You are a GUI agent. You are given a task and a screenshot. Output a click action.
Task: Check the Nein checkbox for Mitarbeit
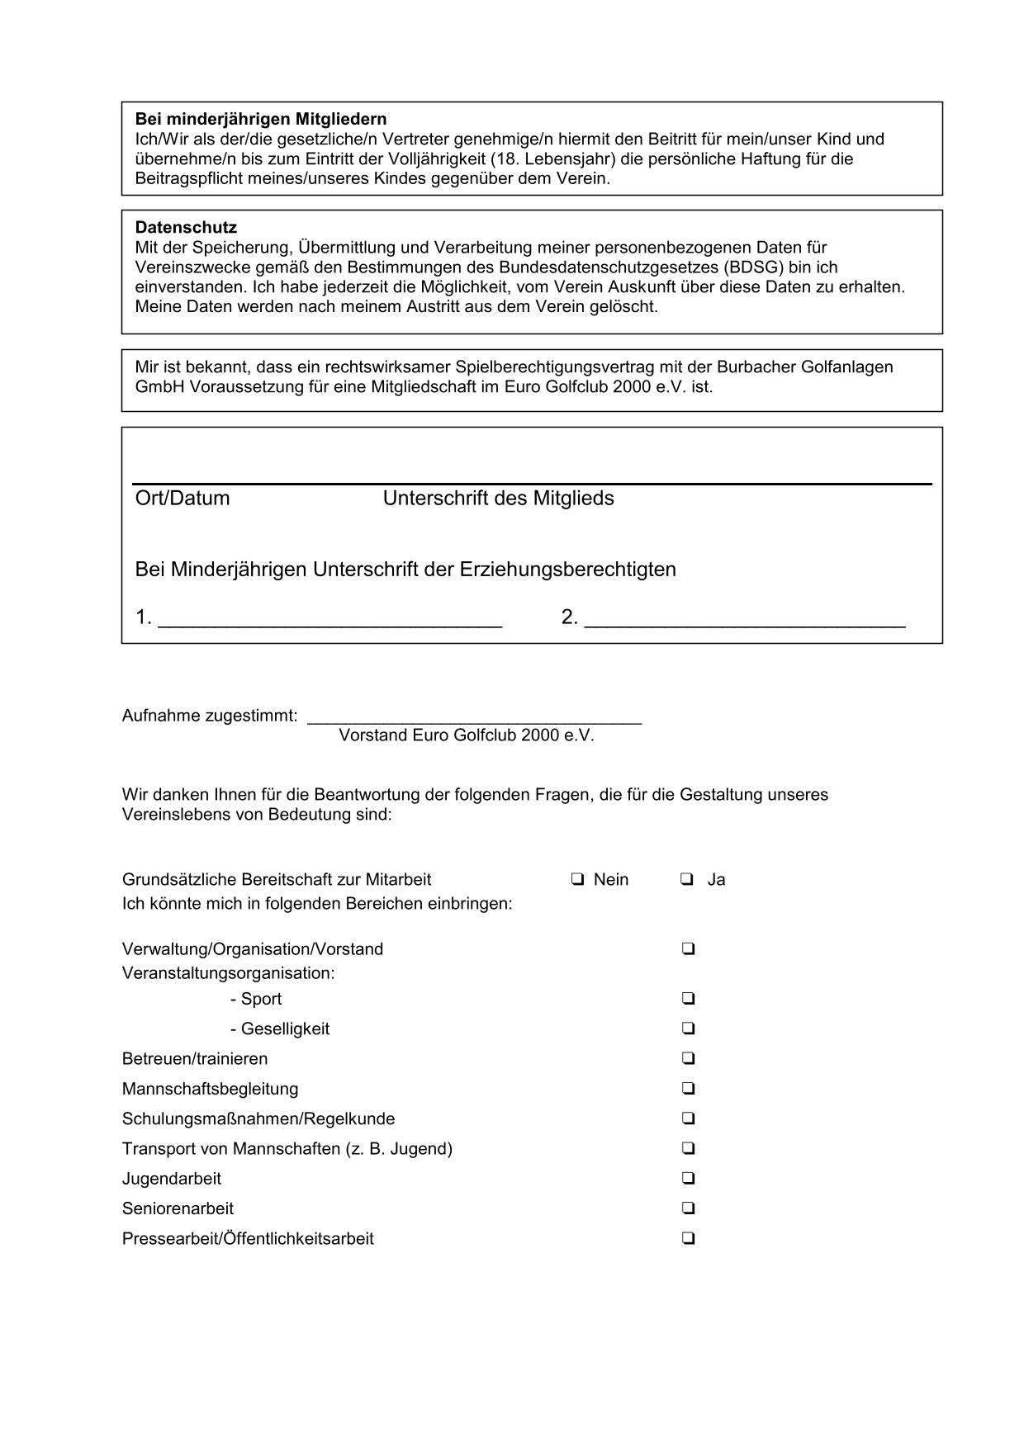point(576,879)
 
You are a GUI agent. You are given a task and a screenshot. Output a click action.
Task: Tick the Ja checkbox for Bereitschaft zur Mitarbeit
point(687,879)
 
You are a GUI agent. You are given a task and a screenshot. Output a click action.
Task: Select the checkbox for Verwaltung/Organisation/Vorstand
point(688,949)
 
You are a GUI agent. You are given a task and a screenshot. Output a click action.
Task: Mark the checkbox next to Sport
point(688,999)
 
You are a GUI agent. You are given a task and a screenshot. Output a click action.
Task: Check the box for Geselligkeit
point(688,1029)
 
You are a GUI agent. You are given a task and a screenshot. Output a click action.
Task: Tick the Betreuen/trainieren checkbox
point(688,1058)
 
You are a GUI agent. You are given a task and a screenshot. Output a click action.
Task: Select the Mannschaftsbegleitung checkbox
point(688,1089)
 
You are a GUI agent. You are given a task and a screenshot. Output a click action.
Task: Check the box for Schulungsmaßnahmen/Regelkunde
point(688,1118)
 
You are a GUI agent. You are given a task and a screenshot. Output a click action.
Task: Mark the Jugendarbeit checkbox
point(688,1179)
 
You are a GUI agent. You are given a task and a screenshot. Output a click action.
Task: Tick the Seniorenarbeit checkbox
point(688,1208)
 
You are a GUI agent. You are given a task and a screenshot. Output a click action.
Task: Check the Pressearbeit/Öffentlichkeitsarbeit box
point(688,1238)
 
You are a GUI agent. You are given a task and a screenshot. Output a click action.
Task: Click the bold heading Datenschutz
point(186,227)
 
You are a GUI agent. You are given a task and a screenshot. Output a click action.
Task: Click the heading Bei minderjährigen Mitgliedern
point(261,119)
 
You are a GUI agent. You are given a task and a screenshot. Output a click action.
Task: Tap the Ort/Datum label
point(183,499)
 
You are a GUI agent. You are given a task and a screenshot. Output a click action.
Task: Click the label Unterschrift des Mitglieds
point(498,499)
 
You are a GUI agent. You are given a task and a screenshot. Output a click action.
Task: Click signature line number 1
point(329,624)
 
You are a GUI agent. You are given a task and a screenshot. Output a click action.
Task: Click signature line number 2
point(744,624)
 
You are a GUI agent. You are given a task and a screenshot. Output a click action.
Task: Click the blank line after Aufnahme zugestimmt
point(474,720)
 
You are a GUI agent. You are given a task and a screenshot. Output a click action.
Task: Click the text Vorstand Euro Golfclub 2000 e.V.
point(467,735)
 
